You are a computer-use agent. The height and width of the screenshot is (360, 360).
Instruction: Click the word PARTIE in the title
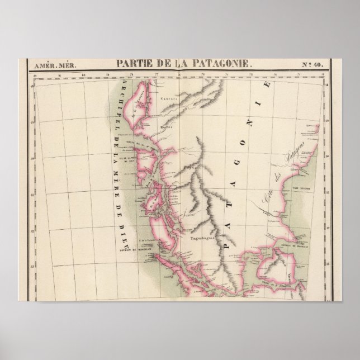tap(138, 64)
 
